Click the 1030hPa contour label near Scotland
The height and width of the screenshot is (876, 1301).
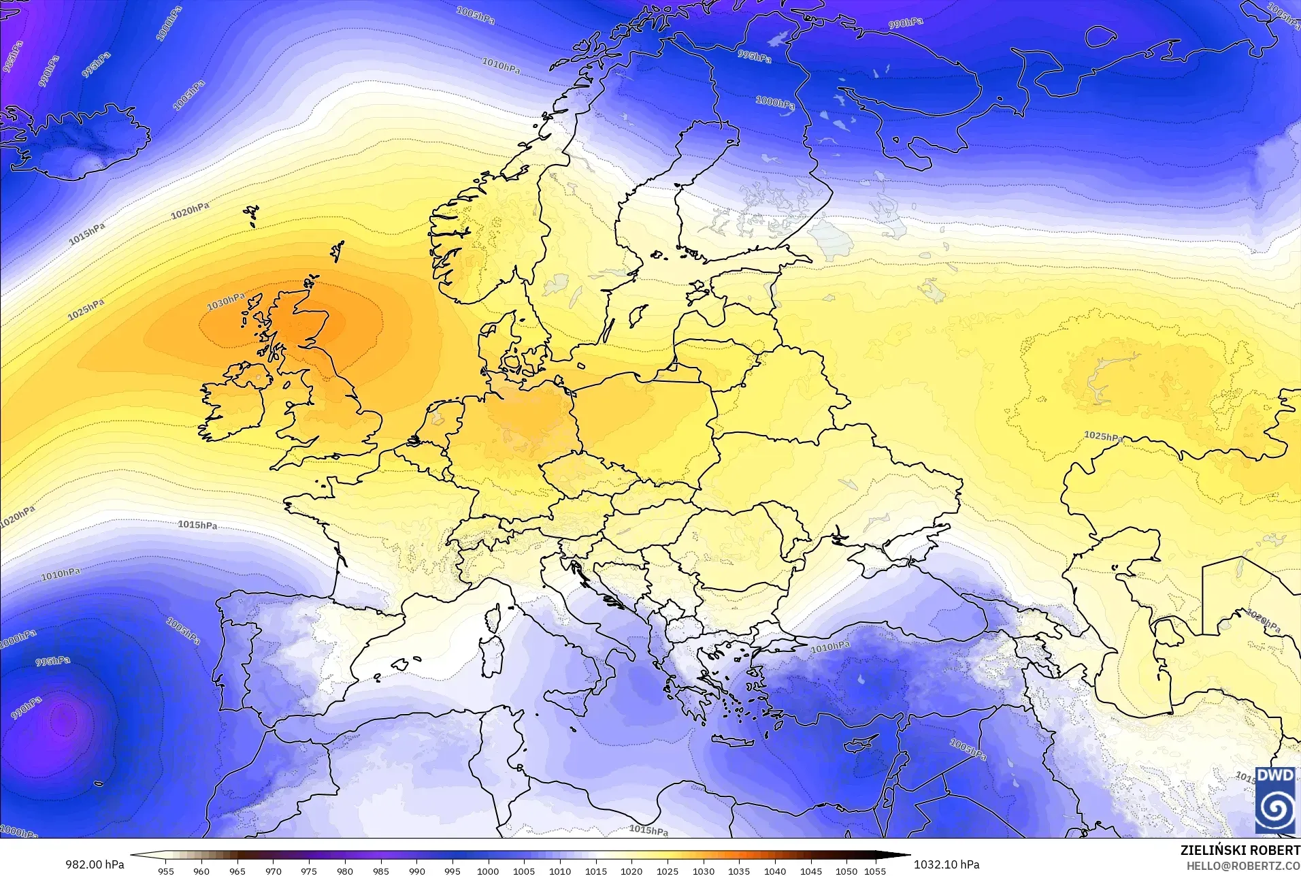pyautogui.click(x=225, y=301)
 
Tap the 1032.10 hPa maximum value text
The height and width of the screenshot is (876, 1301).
pyautogui.click(x=946, y=864)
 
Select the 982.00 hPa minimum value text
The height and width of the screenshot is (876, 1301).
pyautogui.click(x=95, y=864)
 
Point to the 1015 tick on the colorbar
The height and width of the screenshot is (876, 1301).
pyautogui.click(x=595, y=871)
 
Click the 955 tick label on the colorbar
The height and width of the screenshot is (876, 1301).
pyautogui.click(x=165, y=871)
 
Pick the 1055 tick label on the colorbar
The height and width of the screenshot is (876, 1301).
pyautogui.click(x=875, y=871)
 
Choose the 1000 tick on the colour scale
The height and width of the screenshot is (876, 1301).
pyautogui.click(x=488, y=871)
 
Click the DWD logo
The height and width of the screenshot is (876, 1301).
pyautogui.click(x=1274, y=800)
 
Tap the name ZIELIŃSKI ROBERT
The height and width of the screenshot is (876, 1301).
pyautogui.click(x=1240, y=850)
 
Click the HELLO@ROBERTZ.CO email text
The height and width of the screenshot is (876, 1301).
pyautogui.click(x=1243, y=866)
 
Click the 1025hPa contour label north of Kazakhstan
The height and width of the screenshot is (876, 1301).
pyautogui.click(x=1103, y=436)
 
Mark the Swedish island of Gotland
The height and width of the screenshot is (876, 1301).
pyautogui.click(x=638, y=315)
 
